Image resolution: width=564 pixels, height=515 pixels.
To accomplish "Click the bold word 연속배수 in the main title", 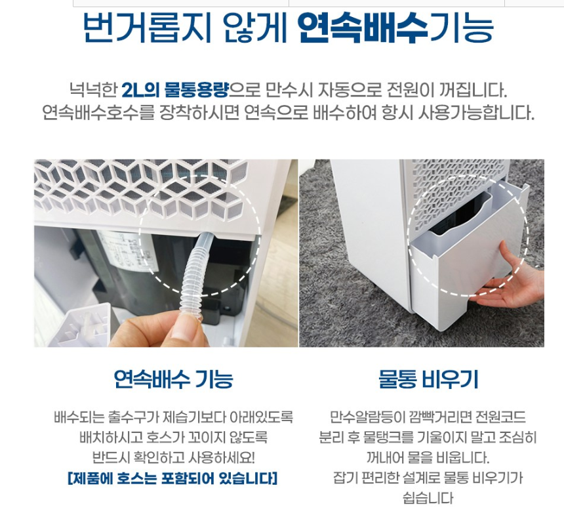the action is click(363, 28).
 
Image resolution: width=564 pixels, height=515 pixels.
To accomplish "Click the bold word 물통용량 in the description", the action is click(196, 90).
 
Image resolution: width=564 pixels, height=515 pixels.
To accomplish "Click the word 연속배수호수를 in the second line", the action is click(98, 113).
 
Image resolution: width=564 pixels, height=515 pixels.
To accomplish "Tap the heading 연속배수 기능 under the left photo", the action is click(173, 379).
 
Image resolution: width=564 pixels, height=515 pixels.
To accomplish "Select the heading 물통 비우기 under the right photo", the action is click(428, 379).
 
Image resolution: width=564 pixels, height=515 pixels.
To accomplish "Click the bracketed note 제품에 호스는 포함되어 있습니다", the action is click(172, 478).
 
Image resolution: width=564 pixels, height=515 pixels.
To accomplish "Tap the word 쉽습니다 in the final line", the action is click(428, 499).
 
